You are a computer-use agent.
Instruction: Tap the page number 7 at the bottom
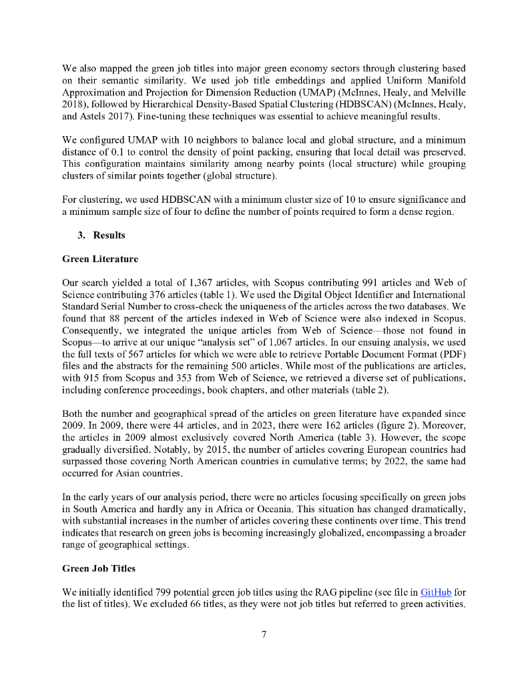coord(264,634)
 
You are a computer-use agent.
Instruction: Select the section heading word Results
coord(109,235)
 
